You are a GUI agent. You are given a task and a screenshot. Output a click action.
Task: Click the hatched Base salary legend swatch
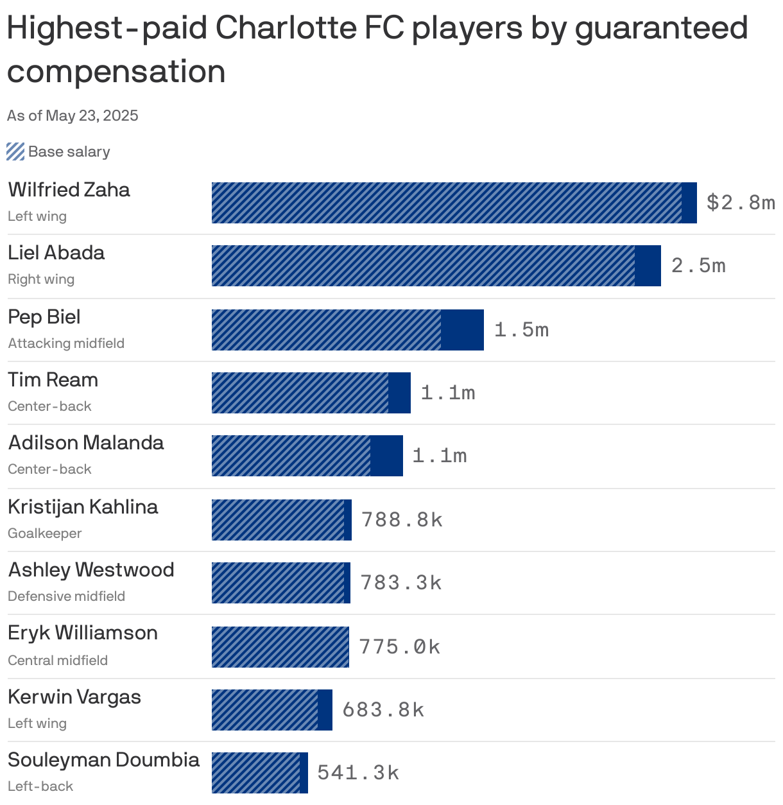point(15,151)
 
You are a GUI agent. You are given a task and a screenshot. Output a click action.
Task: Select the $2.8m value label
point(740,203)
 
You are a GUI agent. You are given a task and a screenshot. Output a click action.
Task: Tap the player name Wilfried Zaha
point(69,190)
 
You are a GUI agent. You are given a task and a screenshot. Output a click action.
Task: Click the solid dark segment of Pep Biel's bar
point(462,330)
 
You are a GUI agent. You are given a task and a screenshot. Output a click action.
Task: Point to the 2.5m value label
point(698,266)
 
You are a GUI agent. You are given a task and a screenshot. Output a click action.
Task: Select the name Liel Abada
point(56,253)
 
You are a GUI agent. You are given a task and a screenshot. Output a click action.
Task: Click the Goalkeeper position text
point(45,533)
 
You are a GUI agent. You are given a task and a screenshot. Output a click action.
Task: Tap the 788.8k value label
point(402,520)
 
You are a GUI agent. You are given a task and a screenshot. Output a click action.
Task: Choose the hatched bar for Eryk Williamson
point(280,647)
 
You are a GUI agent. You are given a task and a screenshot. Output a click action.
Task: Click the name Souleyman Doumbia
point(103,760)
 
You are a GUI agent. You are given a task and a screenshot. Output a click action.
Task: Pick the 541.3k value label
point(358,773)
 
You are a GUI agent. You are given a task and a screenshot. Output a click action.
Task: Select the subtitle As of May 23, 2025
point(73,116)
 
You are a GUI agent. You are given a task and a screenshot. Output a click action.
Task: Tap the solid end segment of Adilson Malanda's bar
point(386,456)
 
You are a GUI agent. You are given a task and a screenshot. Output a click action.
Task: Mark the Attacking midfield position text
point(66,343)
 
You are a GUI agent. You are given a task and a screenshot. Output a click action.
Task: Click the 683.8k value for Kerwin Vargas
point(383,710)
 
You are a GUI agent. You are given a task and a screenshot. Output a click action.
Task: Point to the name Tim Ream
point(53,380)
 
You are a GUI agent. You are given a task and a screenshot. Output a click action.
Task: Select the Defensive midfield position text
point(66,596)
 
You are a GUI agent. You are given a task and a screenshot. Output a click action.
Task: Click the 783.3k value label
point(400,583)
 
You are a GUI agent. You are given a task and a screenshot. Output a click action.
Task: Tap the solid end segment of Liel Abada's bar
point(648,266)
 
